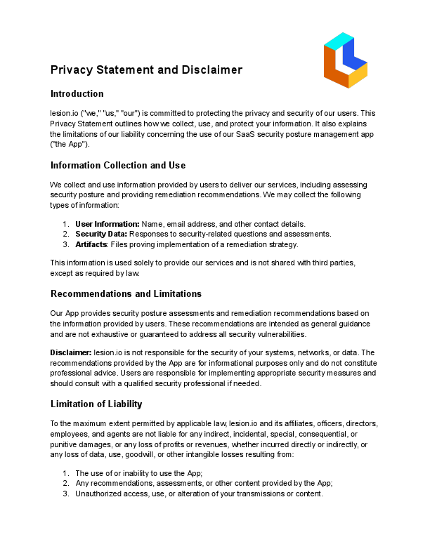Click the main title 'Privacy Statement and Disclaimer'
146,70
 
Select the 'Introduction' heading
77,94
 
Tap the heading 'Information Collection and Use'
118,166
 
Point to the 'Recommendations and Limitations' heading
126,293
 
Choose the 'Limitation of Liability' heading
96,404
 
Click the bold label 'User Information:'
107,224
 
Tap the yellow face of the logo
358,74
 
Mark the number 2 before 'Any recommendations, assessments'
65,483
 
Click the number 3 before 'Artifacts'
65,244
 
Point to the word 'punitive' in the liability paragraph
65,444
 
